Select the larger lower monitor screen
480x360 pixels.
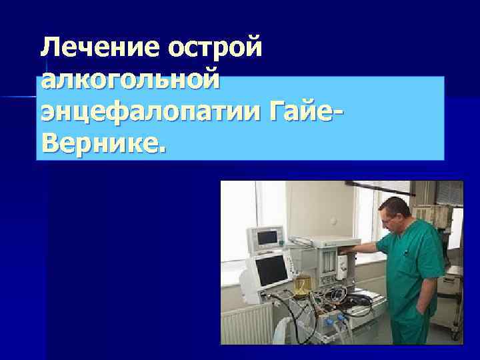[x=270, y=269]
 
